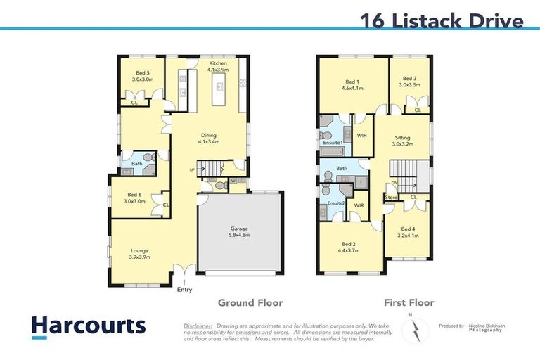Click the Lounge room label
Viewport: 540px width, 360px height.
[139, 253]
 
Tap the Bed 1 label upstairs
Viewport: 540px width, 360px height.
[352, 84]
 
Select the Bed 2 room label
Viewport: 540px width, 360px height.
[349, 246]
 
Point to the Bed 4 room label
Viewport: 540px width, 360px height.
[409, 233]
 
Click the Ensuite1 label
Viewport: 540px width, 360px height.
[332, 143]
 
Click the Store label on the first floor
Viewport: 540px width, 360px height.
[392, 198]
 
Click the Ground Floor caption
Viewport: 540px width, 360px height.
[250, 303]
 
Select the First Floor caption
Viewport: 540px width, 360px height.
[409, 303]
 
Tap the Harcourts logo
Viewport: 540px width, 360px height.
[88, 326]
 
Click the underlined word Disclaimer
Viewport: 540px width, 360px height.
[198, 326]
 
